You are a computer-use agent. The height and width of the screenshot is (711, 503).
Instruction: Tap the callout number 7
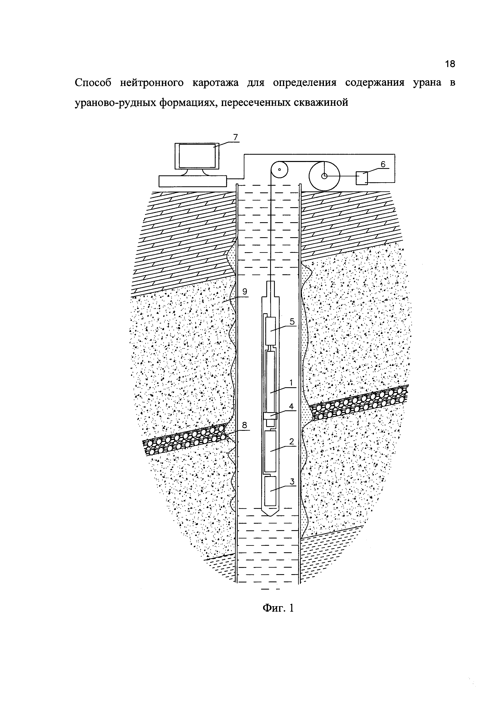235,137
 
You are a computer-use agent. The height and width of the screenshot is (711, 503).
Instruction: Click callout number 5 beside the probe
292,321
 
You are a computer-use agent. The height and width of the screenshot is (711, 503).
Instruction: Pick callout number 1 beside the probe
291,383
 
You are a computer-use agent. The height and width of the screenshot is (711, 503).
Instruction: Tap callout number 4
291,406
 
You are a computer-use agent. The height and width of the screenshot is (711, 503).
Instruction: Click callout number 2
291,442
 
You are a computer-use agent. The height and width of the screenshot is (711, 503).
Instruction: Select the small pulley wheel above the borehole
279,170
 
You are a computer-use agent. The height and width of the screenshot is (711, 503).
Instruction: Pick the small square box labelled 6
361,178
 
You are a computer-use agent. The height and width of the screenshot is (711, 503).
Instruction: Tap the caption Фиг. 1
278,608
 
